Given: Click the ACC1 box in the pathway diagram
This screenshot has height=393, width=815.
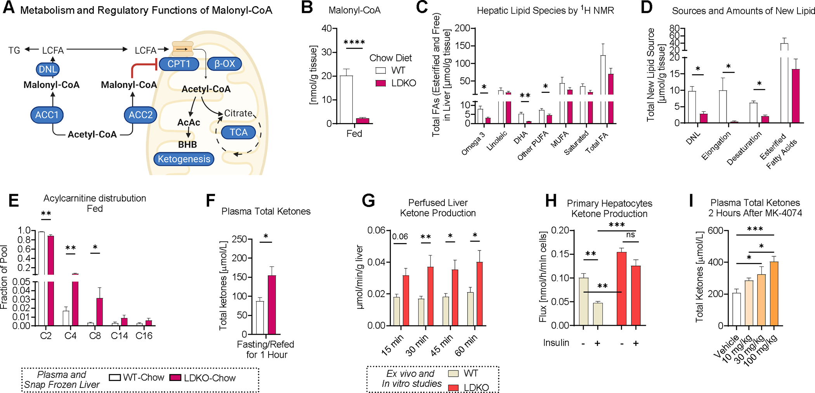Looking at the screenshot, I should click(x=47, y=115).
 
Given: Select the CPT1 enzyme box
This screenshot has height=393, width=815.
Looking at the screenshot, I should click(x=178, y=64).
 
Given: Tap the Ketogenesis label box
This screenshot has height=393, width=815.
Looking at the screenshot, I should click(x=184, y=159).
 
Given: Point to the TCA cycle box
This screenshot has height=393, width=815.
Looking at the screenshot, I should click(x=238, y=132).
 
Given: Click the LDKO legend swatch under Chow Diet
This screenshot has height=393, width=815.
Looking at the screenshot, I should click(x=381, y=83).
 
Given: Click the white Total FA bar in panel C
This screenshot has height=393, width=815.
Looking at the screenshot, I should click(x=603, y=85).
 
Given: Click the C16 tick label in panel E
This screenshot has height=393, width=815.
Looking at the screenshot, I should click(x=144, y=336).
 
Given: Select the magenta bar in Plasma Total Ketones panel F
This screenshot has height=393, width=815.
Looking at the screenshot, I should click(x=272, y=304).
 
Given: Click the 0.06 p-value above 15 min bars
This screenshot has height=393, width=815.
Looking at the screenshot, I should click(x=400, y=236).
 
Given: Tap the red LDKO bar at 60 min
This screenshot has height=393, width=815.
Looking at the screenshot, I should click(x=479, y=294).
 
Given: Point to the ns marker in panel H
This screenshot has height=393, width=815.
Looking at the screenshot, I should click(x=630, y=235).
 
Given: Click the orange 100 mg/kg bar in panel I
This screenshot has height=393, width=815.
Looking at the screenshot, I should click(x=774, y=293).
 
